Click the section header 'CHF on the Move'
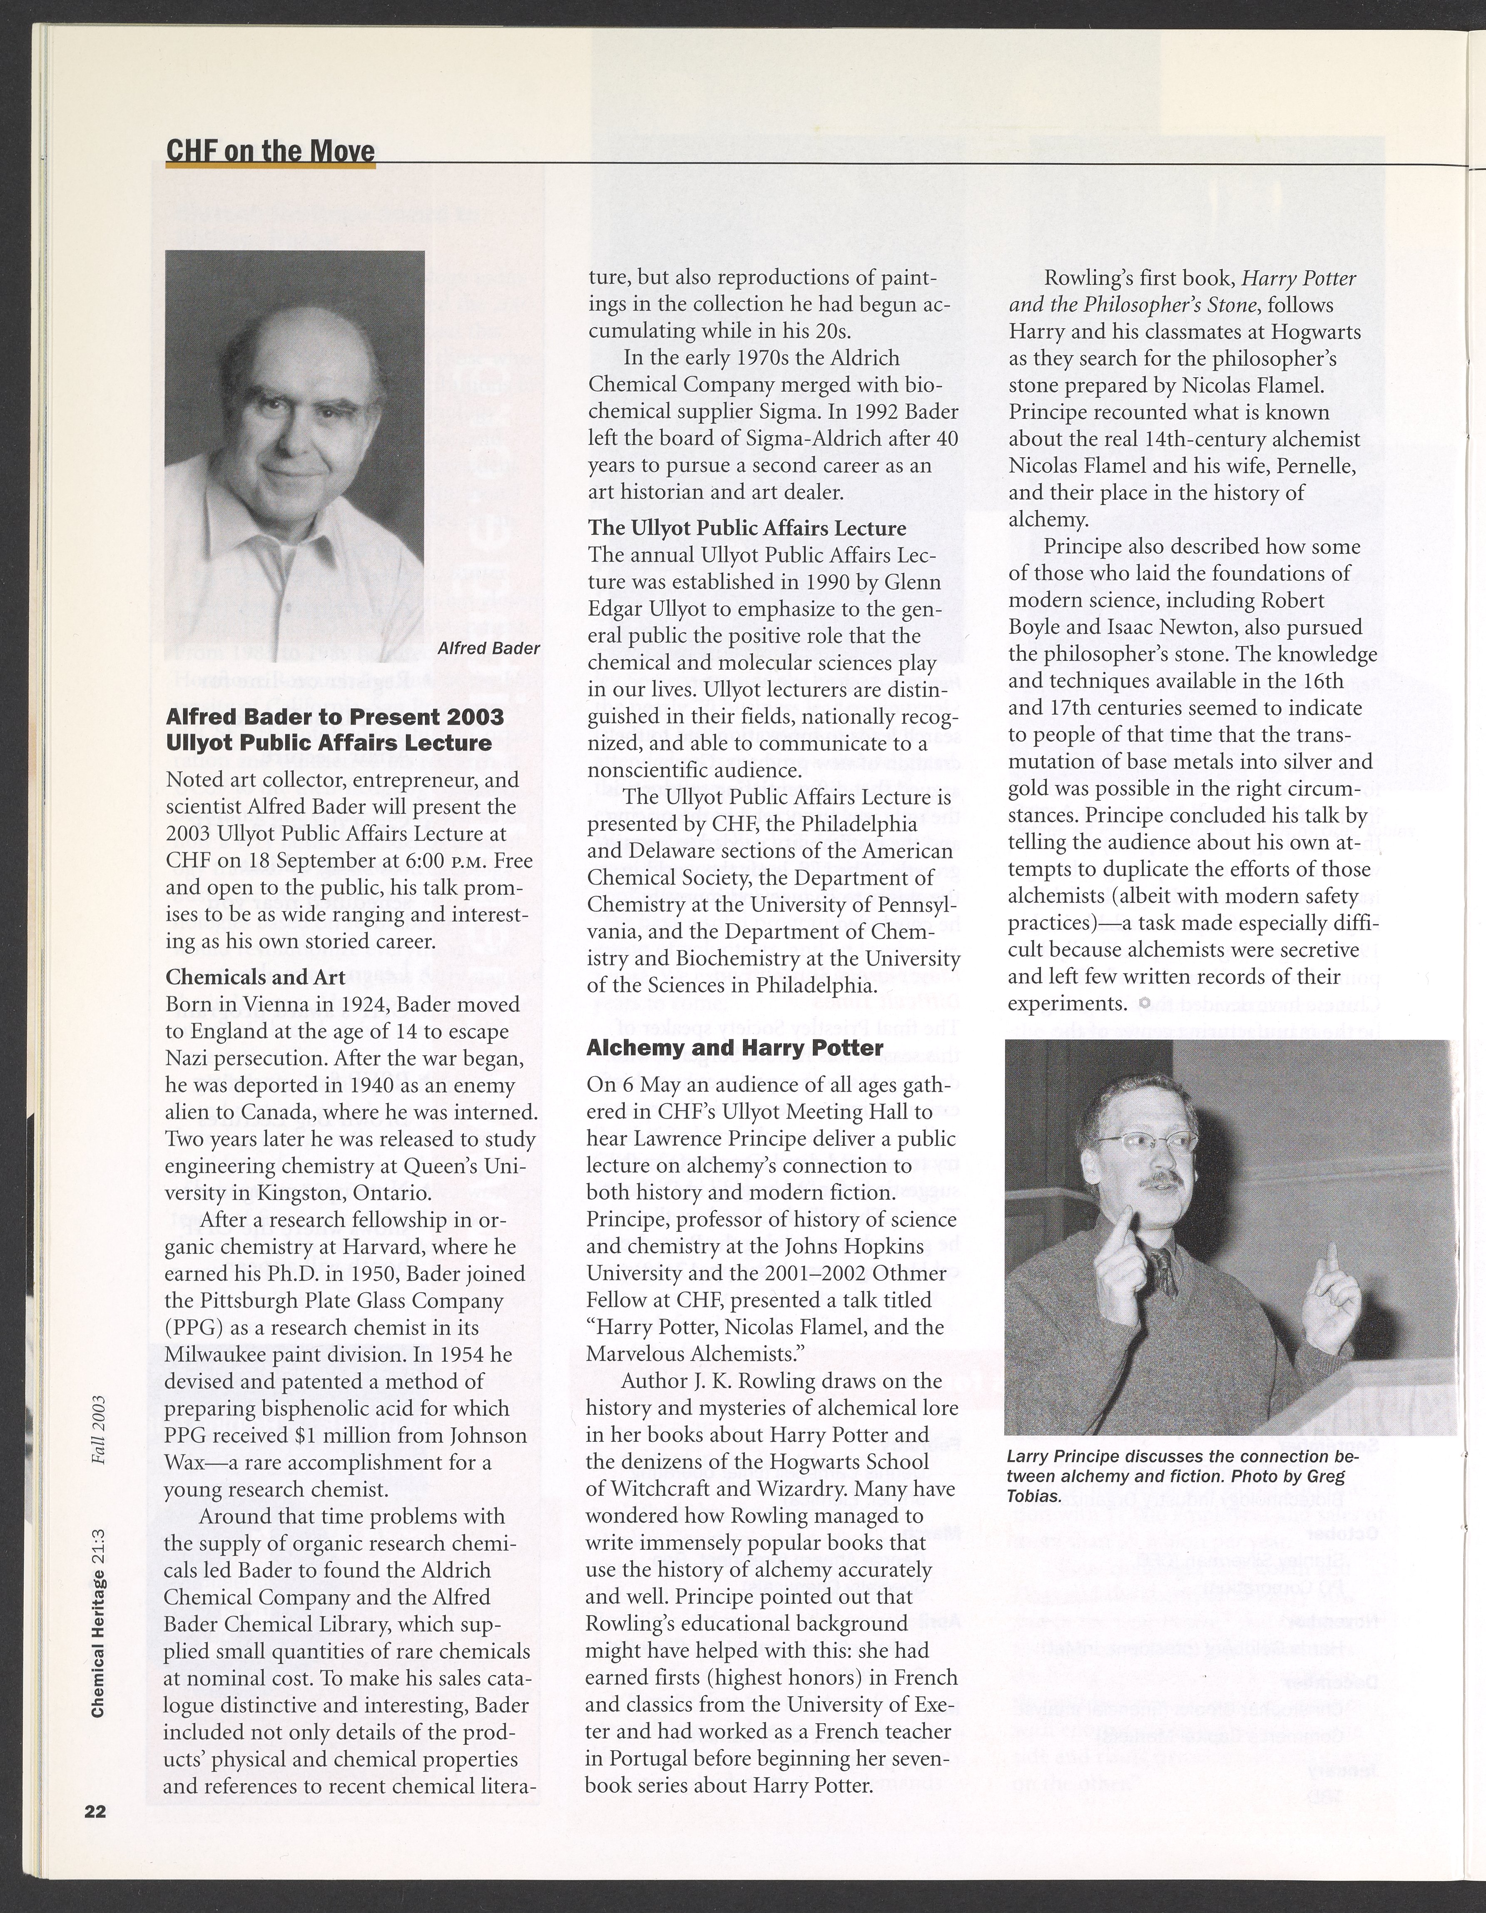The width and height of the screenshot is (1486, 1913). (270, 151)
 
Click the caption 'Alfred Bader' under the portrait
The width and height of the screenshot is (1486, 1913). (488, 648)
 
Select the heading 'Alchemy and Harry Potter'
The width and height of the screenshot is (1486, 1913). (734, 1048)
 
